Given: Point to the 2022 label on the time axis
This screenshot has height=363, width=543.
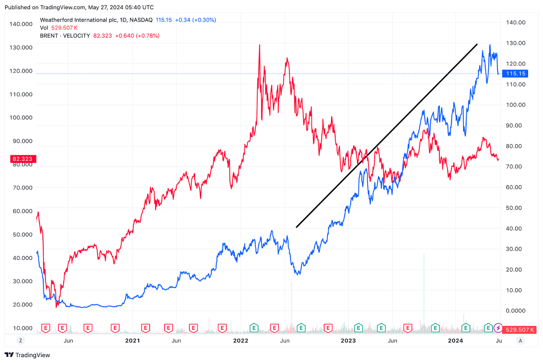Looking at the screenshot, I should point(241,340).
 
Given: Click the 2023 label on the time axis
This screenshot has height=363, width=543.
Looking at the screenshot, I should point(348,340).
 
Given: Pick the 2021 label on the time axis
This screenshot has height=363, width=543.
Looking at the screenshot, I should point(133,340).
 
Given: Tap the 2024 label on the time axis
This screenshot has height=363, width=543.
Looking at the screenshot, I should point(456,340).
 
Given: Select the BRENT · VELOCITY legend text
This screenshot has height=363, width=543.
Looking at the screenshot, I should point(65,36).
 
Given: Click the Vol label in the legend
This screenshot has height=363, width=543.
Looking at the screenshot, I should point(44,28).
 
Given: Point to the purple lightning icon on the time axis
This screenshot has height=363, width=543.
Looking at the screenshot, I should point(498,328).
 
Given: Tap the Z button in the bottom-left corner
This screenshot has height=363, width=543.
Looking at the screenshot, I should point(20,340).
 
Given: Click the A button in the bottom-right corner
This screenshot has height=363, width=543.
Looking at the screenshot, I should point(521,340).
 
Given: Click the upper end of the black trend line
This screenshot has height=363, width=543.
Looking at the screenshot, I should point(477,44).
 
